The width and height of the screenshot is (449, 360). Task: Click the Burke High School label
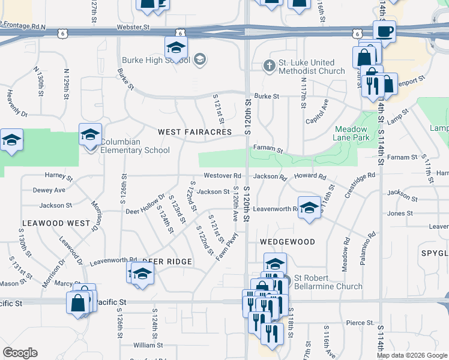pyautogui.click(x=155, y=60)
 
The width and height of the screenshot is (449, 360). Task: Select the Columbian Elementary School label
pyautogui.click(x=134, y=146)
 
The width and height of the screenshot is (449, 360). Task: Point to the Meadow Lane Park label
pyautogui.click(x=351, y=133)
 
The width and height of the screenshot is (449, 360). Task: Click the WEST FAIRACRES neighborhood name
pyautogui.click(x=194, y=131)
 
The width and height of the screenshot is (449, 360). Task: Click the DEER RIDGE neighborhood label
pyautogui.click(x=167, y=262)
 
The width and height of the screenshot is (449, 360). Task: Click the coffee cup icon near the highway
pyautogui.click(x=384, y=31)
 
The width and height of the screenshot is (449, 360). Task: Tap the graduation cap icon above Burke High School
pyautogui.click(x=176, y=47)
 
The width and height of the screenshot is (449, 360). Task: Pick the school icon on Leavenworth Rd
pyautogui.click(x=309, y=208)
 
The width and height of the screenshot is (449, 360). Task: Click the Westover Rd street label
pyautogui.click(x=221, y=176)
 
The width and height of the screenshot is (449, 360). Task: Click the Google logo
pyautogui.click(x=20, y=353)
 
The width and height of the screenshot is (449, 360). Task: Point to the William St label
pyautogui.click(x=144, y=345)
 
